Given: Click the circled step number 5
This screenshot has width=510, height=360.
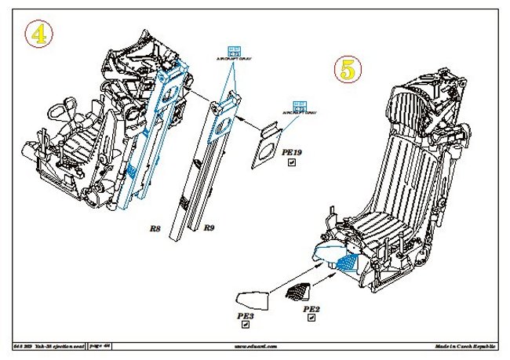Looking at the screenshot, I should (x=348, y=70).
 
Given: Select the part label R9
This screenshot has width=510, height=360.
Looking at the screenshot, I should (x=208, y=228).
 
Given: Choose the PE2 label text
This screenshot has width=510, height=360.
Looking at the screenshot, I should (x=312, y=310).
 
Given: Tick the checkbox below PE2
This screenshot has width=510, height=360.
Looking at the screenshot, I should (x=312, y=320).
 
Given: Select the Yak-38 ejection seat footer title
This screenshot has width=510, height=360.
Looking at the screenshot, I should (x=57, y=344).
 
